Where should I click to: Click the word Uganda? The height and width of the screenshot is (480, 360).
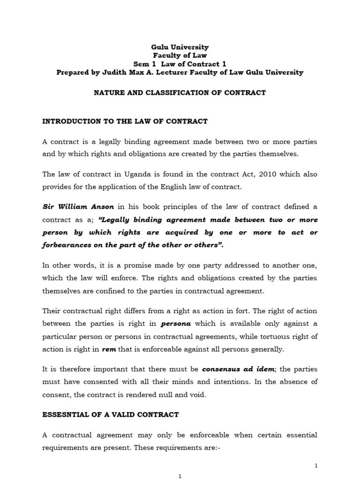135,174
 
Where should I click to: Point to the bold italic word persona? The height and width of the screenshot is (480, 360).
175,323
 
